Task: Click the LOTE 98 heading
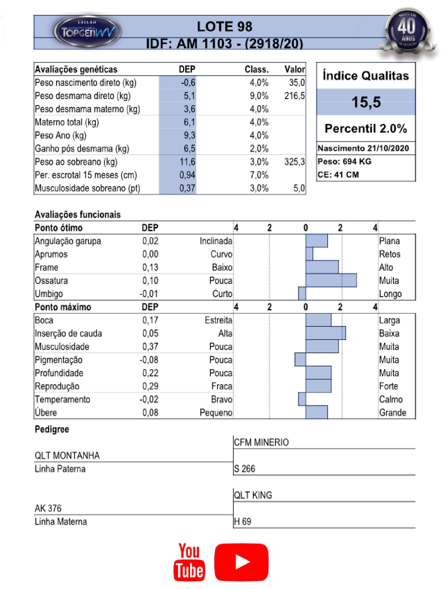click(224, 27)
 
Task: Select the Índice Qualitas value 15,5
click(366, 102)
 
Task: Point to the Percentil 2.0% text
click(366, 129)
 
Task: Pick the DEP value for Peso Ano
click(189, 135)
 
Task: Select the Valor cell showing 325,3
click(294, 162)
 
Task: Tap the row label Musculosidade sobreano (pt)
click(87, 188)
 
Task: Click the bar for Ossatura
click(331, 280)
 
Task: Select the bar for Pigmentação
click(300, 359)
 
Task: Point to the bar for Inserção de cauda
click(325, 333)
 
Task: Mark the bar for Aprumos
click(309, 254)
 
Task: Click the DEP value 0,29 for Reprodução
click(150, 386)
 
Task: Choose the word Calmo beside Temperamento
click(391, 399)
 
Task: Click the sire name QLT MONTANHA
click(67, 456)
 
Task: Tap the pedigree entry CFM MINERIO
click(261, 442)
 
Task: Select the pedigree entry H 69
click(242, 521)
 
